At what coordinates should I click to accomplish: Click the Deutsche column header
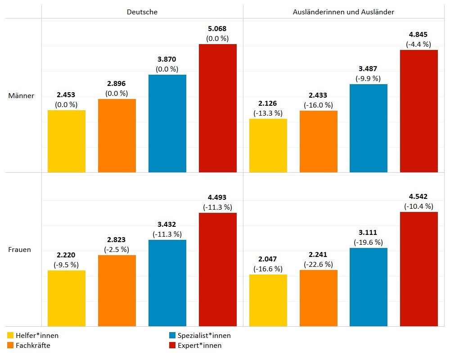(x=142, y=12)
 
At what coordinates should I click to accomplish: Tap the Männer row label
(x=21, y=96)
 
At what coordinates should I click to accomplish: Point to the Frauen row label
(x=20, y=249)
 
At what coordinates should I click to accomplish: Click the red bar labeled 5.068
(x=218, y=108)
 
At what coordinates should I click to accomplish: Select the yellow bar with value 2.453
(x=67, y=141)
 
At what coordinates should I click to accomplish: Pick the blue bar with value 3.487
(x=369, y=128)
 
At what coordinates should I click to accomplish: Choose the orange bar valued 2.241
(x=318, y=298)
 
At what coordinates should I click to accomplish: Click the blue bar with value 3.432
(x=167, y=283)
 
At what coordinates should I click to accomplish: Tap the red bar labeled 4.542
(x=419, y=269)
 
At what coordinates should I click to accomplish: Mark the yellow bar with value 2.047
(x=268, y=300)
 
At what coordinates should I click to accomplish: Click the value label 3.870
(x=167, y=59)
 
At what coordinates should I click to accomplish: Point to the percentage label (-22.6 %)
(x=318, y=264)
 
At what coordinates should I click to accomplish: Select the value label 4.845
(x=418, y=35)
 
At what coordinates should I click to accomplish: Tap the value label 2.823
(x=117, y=240)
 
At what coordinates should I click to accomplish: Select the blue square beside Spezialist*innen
(x=172, y=335)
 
